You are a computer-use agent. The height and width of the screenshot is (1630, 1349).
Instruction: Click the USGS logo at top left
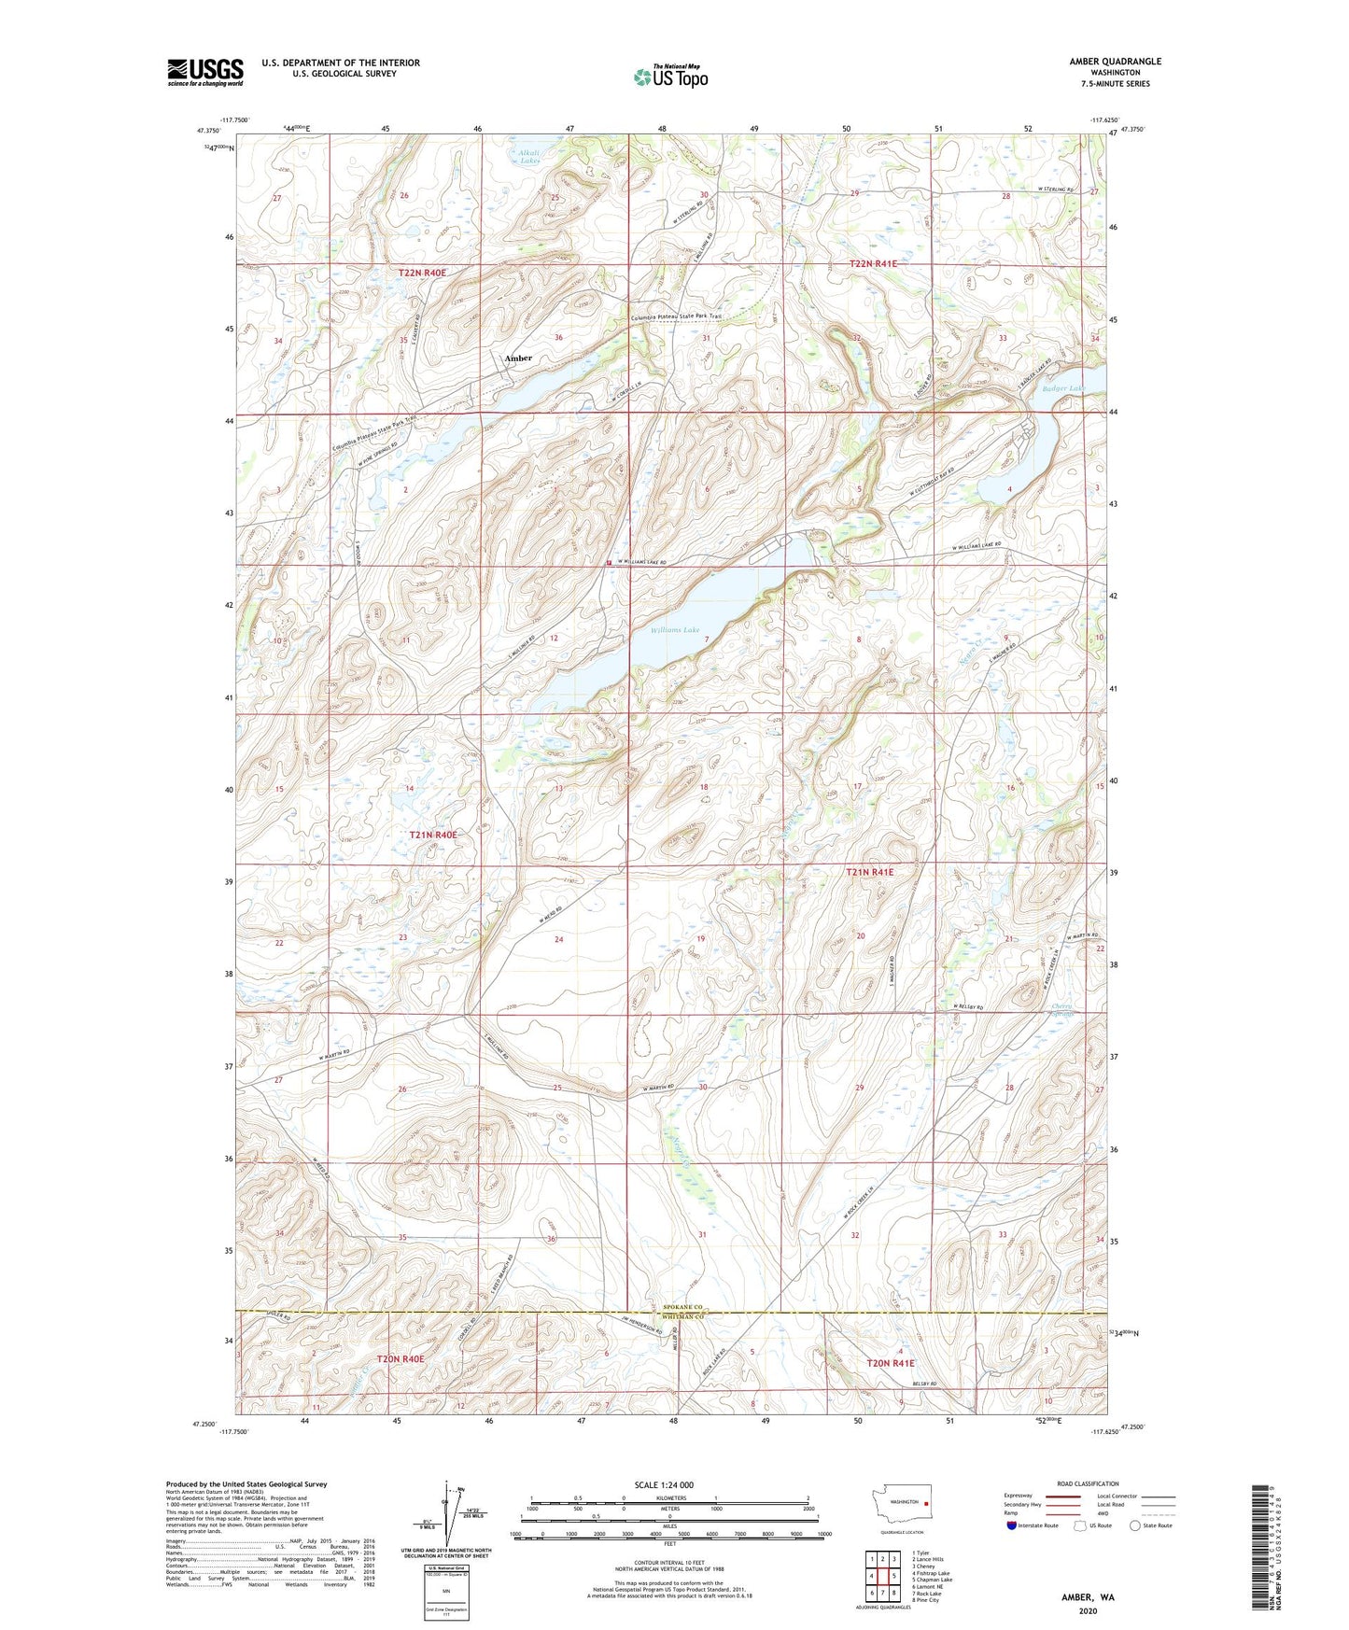tap(205, 71)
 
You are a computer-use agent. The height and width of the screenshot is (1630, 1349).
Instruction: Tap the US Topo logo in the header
tap(670, 77)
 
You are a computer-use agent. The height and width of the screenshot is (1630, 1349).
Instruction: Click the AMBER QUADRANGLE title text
tap(1115, 62)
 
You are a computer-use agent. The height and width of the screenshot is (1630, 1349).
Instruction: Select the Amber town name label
tap(518, 358)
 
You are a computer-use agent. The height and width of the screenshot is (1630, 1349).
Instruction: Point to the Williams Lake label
tap(674, 631)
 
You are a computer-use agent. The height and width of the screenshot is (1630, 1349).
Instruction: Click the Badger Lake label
tap(1064, 388)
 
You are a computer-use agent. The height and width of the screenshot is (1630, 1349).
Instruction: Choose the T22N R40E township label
tap(422, 273)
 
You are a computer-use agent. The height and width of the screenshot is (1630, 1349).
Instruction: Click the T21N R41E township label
tap(869, 872)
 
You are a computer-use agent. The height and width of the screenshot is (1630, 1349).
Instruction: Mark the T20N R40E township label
tap(400, 1359)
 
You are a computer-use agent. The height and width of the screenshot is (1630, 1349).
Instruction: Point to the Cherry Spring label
tap(1061, 1010)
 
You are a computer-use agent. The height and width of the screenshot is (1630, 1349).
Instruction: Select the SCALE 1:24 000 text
tap(663, 1484)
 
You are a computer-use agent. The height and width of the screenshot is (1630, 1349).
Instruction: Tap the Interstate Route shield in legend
tap(1013, 1525)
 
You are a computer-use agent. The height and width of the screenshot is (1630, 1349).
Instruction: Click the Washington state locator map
tap(901, 1508)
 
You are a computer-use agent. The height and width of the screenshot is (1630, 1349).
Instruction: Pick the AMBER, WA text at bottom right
tap(1087, 1597)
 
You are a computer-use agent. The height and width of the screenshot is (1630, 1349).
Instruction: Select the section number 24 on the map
tap(558, 939)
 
